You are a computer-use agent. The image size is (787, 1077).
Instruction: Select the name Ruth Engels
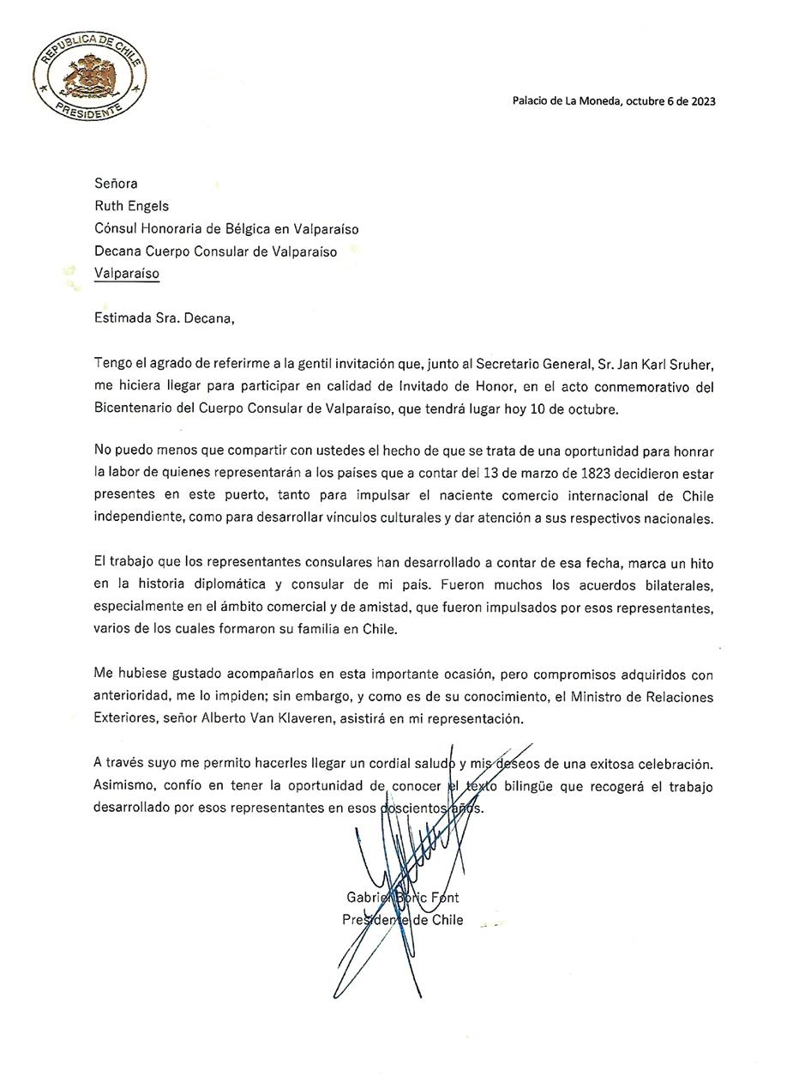click(x=131, y=206)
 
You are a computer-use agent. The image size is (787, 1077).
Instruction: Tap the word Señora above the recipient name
click(x=116, y=183)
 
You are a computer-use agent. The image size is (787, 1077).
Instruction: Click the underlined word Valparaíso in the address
click(x=127, y=274)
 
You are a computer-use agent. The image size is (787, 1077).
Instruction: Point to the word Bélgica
click(x=247, y=229)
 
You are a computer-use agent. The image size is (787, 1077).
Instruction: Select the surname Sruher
click(x=691, y=364)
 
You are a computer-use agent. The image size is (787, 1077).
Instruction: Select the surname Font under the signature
click(x=445, y=898)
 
